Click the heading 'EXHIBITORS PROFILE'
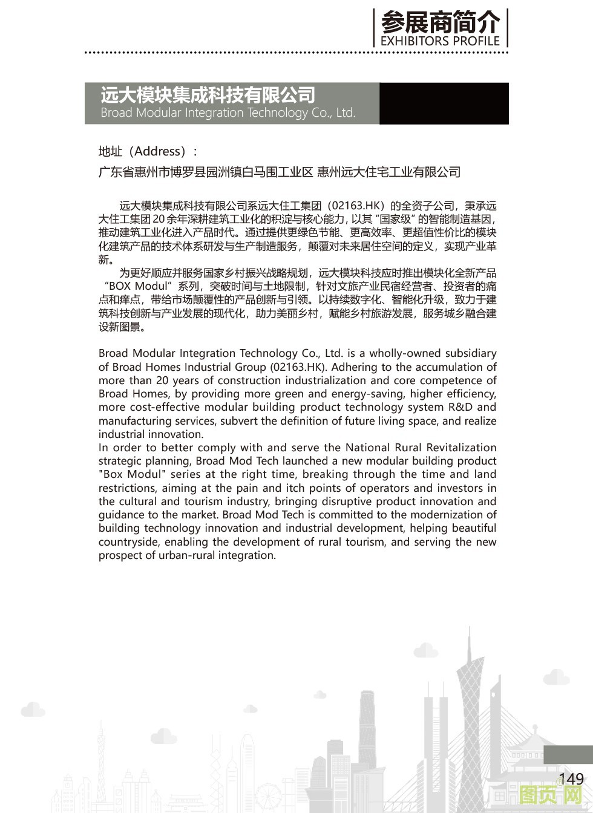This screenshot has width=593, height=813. pos(440,41)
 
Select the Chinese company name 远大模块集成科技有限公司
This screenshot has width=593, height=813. pos(208,95)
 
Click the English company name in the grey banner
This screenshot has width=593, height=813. pos(228,113)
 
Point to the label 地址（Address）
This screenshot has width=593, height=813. pos(148,151)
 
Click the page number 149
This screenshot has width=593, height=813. pos(571,779)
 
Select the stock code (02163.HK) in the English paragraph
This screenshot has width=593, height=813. pos(298,367)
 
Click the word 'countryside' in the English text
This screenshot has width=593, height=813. pos(128,542)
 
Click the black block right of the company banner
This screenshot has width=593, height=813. pos(444,103)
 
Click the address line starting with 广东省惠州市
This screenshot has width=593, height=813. pos(279,172)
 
